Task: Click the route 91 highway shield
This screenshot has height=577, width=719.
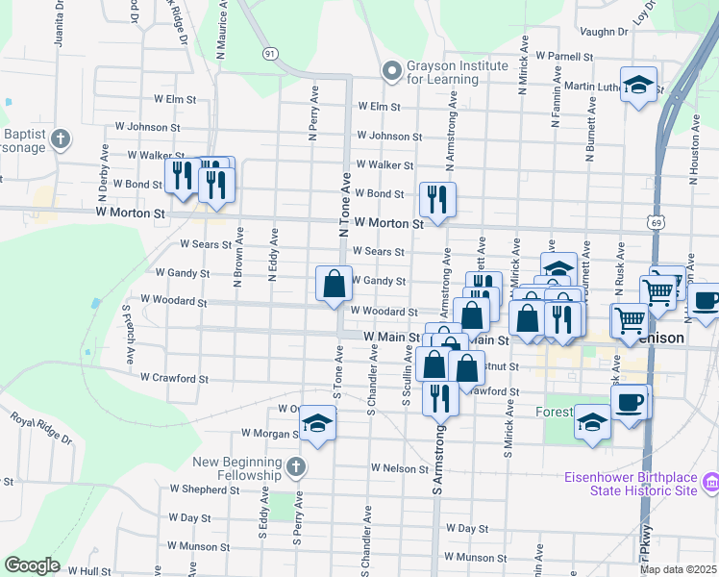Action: (x=271, y=54)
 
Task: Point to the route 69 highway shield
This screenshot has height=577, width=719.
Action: (x=656, y=222)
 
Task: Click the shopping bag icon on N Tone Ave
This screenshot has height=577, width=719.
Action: (x=334, y=284)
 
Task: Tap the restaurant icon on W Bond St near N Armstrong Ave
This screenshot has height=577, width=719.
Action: (x=437, y=199)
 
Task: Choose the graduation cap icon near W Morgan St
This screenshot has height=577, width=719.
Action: (x=317, y=423)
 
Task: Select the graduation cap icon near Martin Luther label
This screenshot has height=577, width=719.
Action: (x=638, y=85)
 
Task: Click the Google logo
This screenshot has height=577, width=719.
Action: (x=32, y=565)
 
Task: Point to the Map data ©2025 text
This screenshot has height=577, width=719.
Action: (x=678, y=569)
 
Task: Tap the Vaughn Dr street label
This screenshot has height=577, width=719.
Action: (x=603, y=32)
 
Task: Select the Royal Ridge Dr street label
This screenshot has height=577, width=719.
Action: (x=41, y=429)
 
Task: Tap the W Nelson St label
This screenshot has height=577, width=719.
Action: (x=399, y=468)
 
